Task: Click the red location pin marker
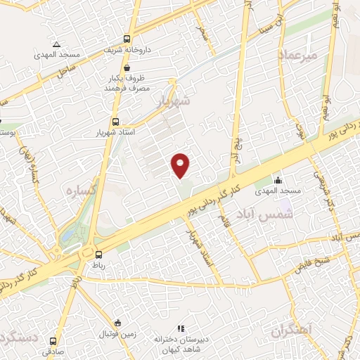click(181, 165)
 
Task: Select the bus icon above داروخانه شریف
click(127, 39)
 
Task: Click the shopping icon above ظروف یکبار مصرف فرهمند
click(127, 67)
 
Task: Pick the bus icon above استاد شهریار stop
click(115, 120)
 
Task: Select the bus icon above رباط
click(98, 255)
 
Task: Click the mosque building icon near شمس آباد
click(278, 180)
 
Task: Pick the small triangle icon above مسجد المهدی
click(55, 44)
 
